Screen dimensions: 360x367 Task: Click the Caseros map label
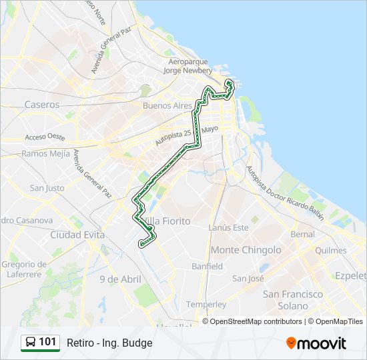coord(42,105)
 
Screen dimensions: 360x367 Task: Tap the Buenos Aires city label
coord(167,105)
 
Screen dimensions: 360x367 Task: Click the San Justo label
coord(47,189)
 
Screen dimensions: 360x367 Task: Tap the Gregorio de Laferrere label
coord(24,269)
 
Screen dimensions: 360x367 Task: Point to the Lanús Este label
coord(228,227)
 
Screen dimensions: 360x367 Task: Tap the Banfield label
coord(207,266)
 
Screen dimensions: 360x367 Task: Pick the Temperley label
coord(206,304)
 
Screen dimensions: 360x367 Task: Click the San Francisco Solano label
coord(293,300)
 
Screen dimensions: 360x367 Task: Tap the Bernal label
coord(302,235)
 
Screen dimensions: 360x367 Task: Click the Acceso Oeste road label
coord(45,137)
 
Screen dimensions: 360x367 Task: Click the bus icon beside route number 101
coord(30,343)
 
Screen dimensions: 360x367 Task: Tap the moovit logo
coord(316,343)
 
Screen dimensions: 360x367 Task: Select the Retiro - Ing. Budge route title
coord(109,343)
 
